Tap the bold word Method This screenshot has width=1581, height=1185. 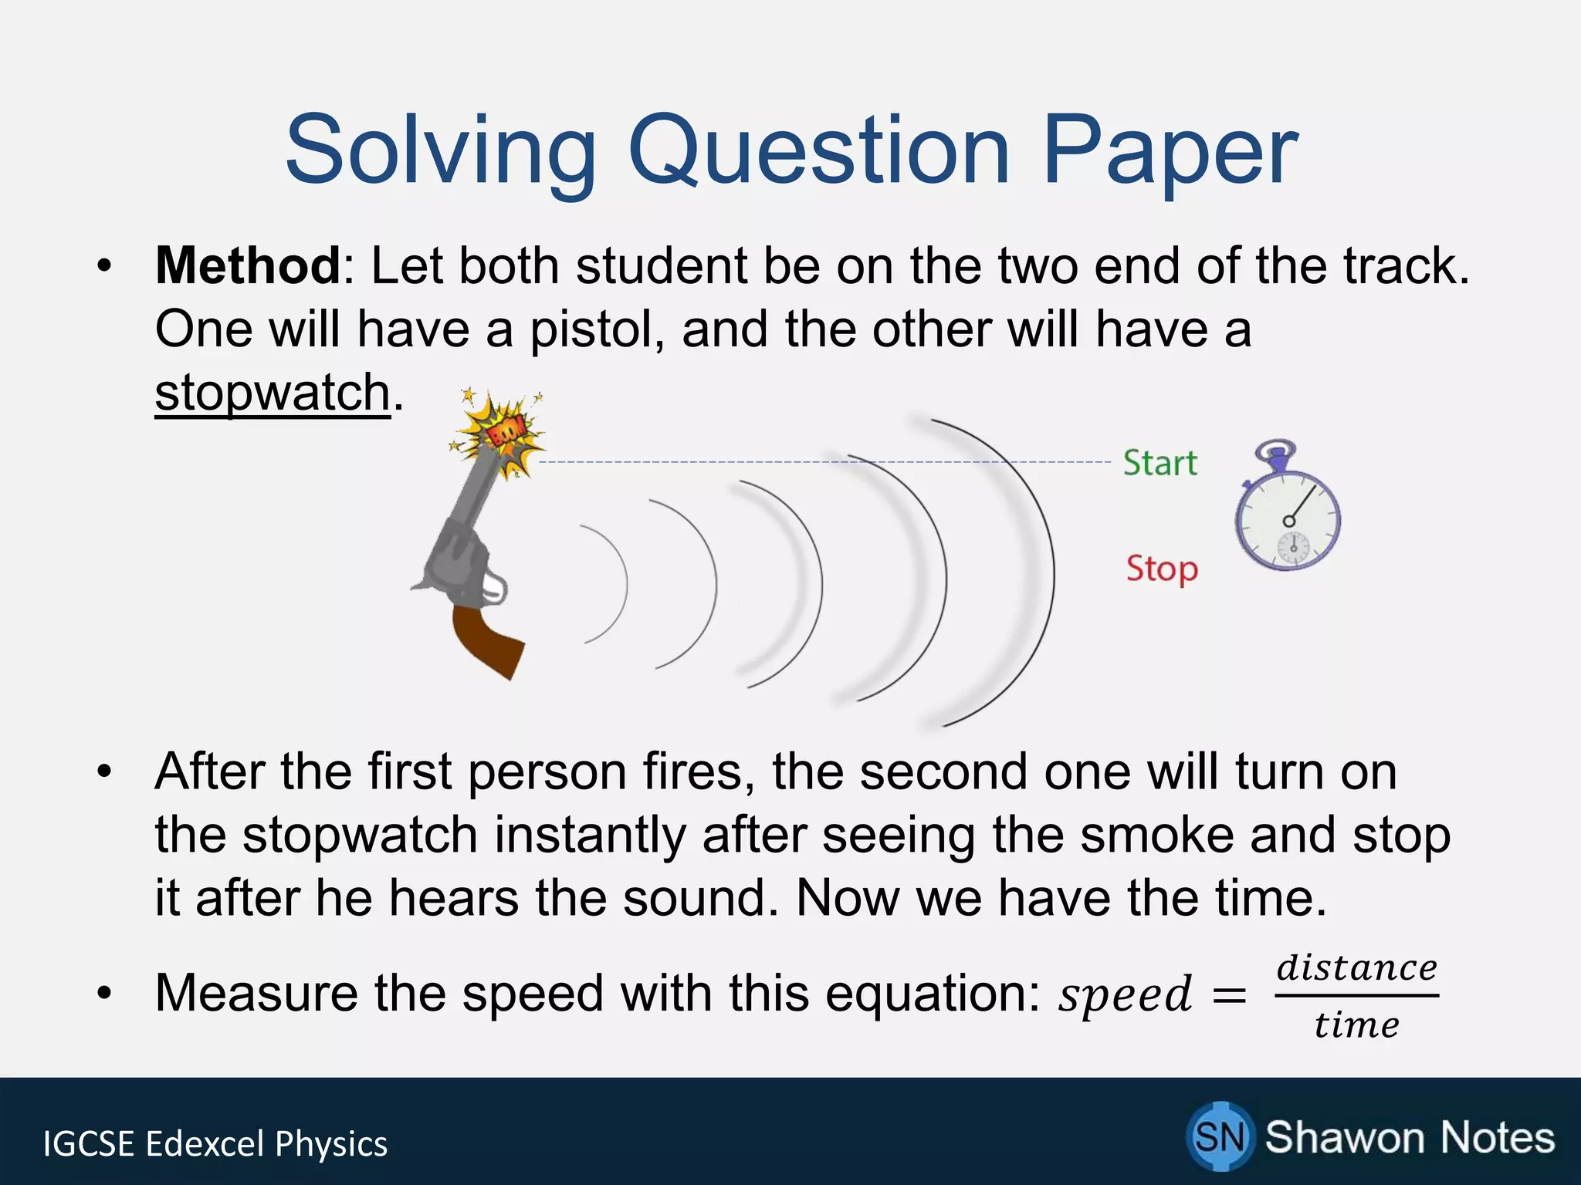247,266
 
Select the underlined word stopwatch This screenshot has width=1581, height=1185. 273,393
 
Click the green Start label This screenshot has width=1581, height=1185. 1160,464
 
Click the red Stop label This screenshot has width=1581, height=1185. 1162,569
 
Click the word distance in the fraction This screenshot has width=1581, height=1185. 1356,968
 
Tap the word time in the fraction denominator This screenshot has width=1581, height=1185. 1356,1025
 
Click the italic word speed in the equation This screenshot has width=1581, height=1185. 1126,995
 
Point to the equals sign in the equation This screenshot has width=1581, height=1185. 1230,996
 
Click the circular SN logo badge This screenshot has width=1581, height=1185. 1219,1136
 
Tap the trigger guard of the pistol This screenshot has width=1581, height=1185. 494,588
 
